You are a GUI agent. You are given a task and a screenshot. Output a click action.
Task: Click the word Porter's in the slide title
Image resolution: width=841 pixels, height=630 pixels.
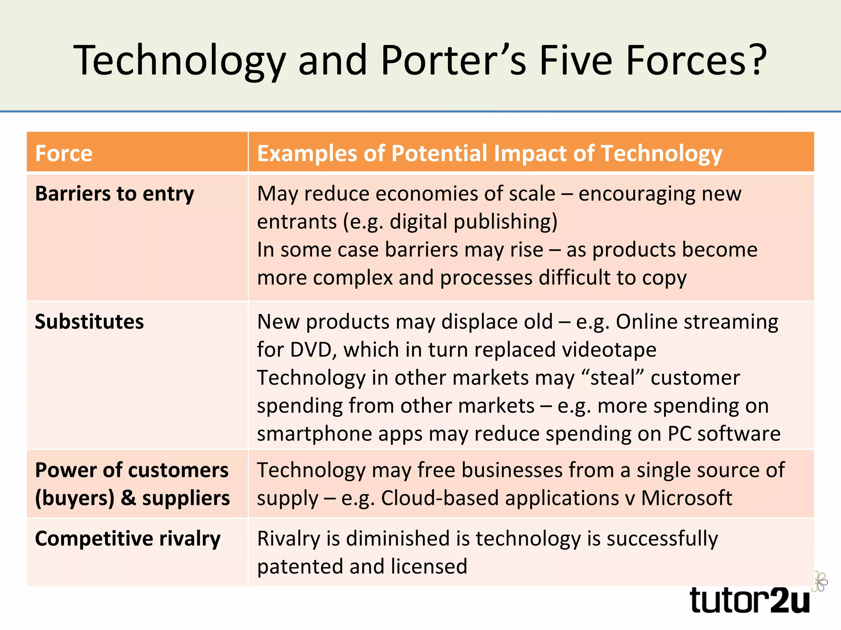coord(453,60)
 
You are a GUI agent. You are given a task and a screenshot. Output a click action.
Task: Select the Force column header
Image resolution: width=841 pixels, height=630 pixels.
coord(64,153)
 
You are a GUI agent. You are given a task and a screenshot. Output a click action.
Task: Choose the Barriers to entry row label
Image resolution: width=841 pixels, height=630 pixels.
coord(115,194)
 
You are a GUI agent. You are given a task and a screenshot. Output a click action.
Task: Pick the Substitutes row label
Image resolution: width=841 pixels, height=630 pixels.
coord(90,322)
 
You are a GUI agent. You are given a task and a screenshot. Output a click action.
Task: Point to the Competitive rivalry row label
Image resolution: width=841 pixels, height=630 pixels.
coord(128,539)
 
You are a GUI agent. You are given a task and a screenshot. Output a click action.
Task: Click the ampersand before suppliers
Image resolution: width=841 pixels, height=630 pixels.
coord(128,498)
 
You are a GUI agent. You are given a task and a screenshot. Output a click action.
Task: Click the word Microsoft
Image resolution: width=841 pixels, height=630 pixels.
coord(687,498)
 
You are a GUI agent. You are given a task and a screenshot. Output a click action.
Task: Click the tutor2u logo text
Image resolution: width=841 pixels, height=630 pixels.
coord(750,600)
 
